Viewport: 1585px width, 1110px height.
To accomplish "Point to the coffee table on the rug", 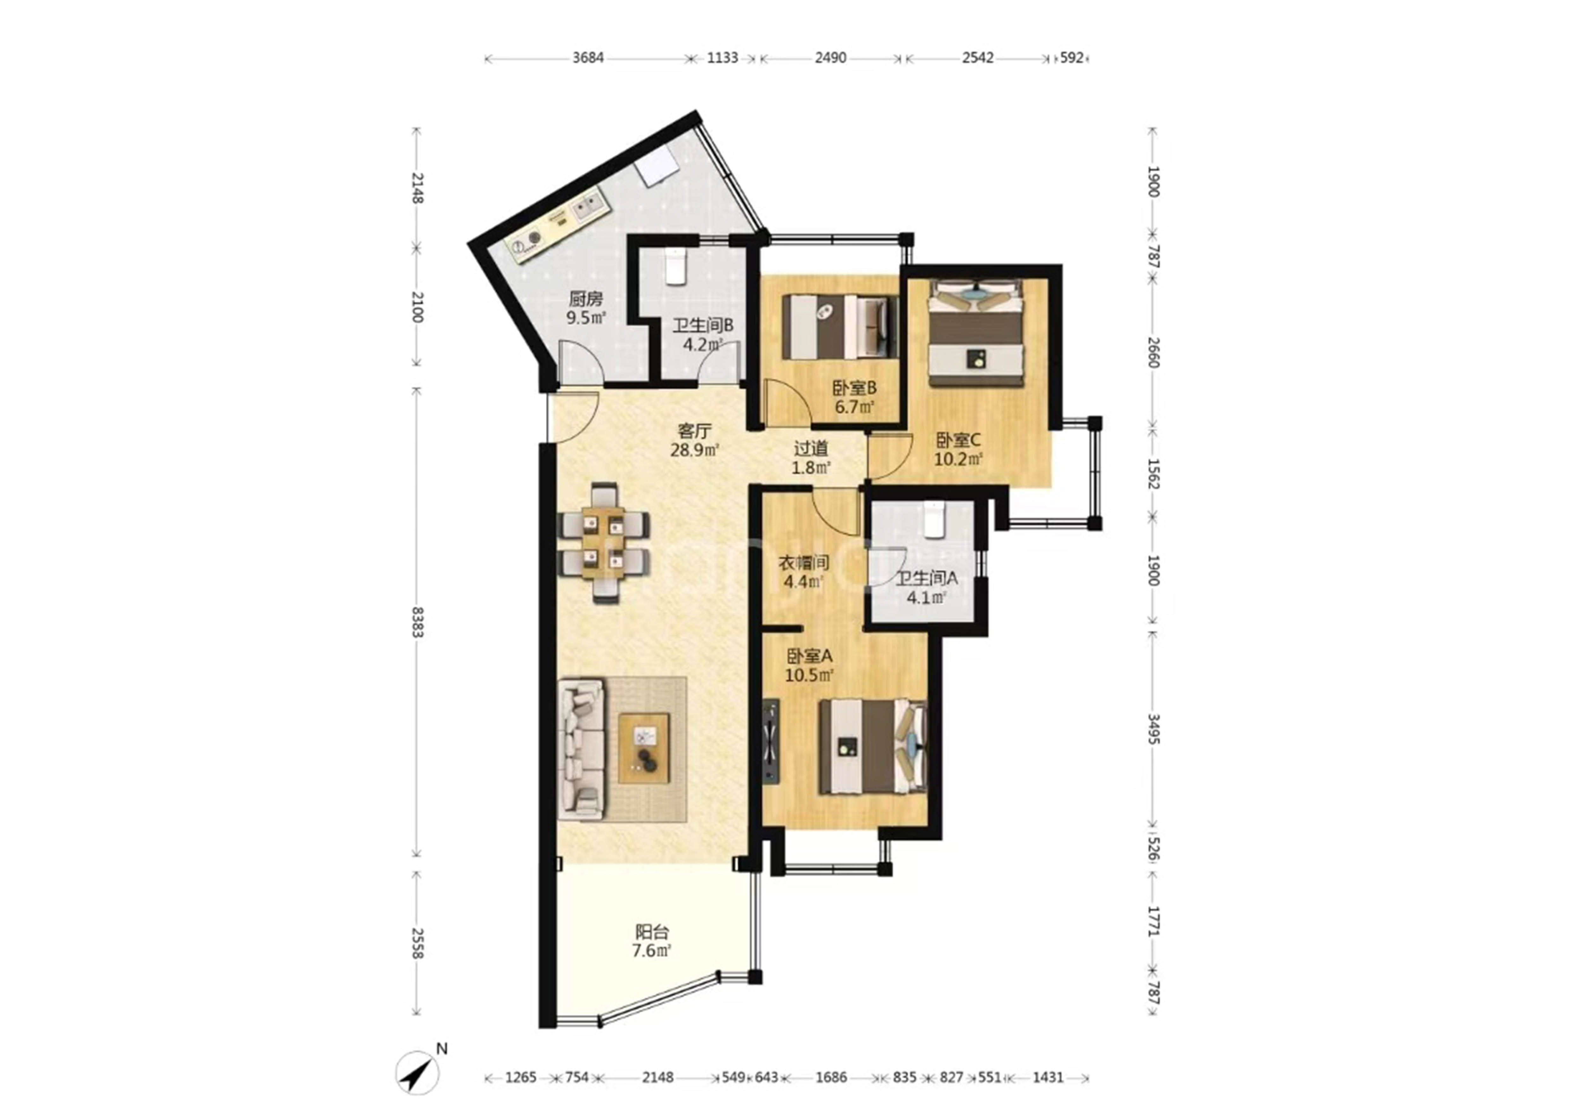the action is [644, 748].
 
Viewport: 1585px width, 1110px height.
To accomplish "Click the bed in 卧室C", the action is [975, 331].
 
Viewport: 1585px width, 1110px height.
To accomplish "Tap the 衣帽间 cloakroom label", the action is [804, 563].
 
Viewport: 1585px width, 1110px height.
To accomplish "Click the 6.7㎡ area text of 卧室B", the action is [855, 407].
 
